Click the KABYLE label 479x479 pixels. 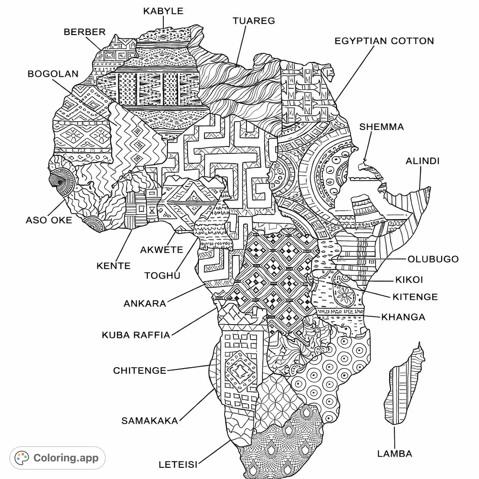[163, 11]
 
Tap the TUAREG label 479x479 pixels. [254, 21]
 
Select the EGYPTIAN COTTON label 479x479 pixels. [384, 41]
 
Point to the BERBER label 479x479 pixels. [85, 32]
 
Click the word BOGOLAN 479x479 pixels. [53, 74]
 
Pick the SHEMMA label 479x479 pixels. [381, 127]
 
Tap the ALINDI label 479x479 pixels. [422, 161]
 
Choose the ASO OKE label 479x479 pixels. [49, 220]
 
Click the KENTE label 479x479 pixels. [113, 266]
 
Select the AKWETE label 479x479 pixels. [161, 250]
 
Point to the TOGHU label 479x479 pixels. [162, 276]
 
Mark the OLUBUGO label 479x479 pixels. [433, 259]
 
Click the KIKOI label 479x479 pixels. [409, 280]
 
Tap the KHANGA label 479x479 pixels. [403, 317]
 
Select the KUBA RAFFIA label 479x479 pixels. [136, 335]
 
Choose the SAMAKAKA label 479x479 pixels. [150, 421]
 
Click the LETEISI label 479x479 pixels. [178, 464]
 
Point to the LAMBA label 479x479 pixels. [394, 453]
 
